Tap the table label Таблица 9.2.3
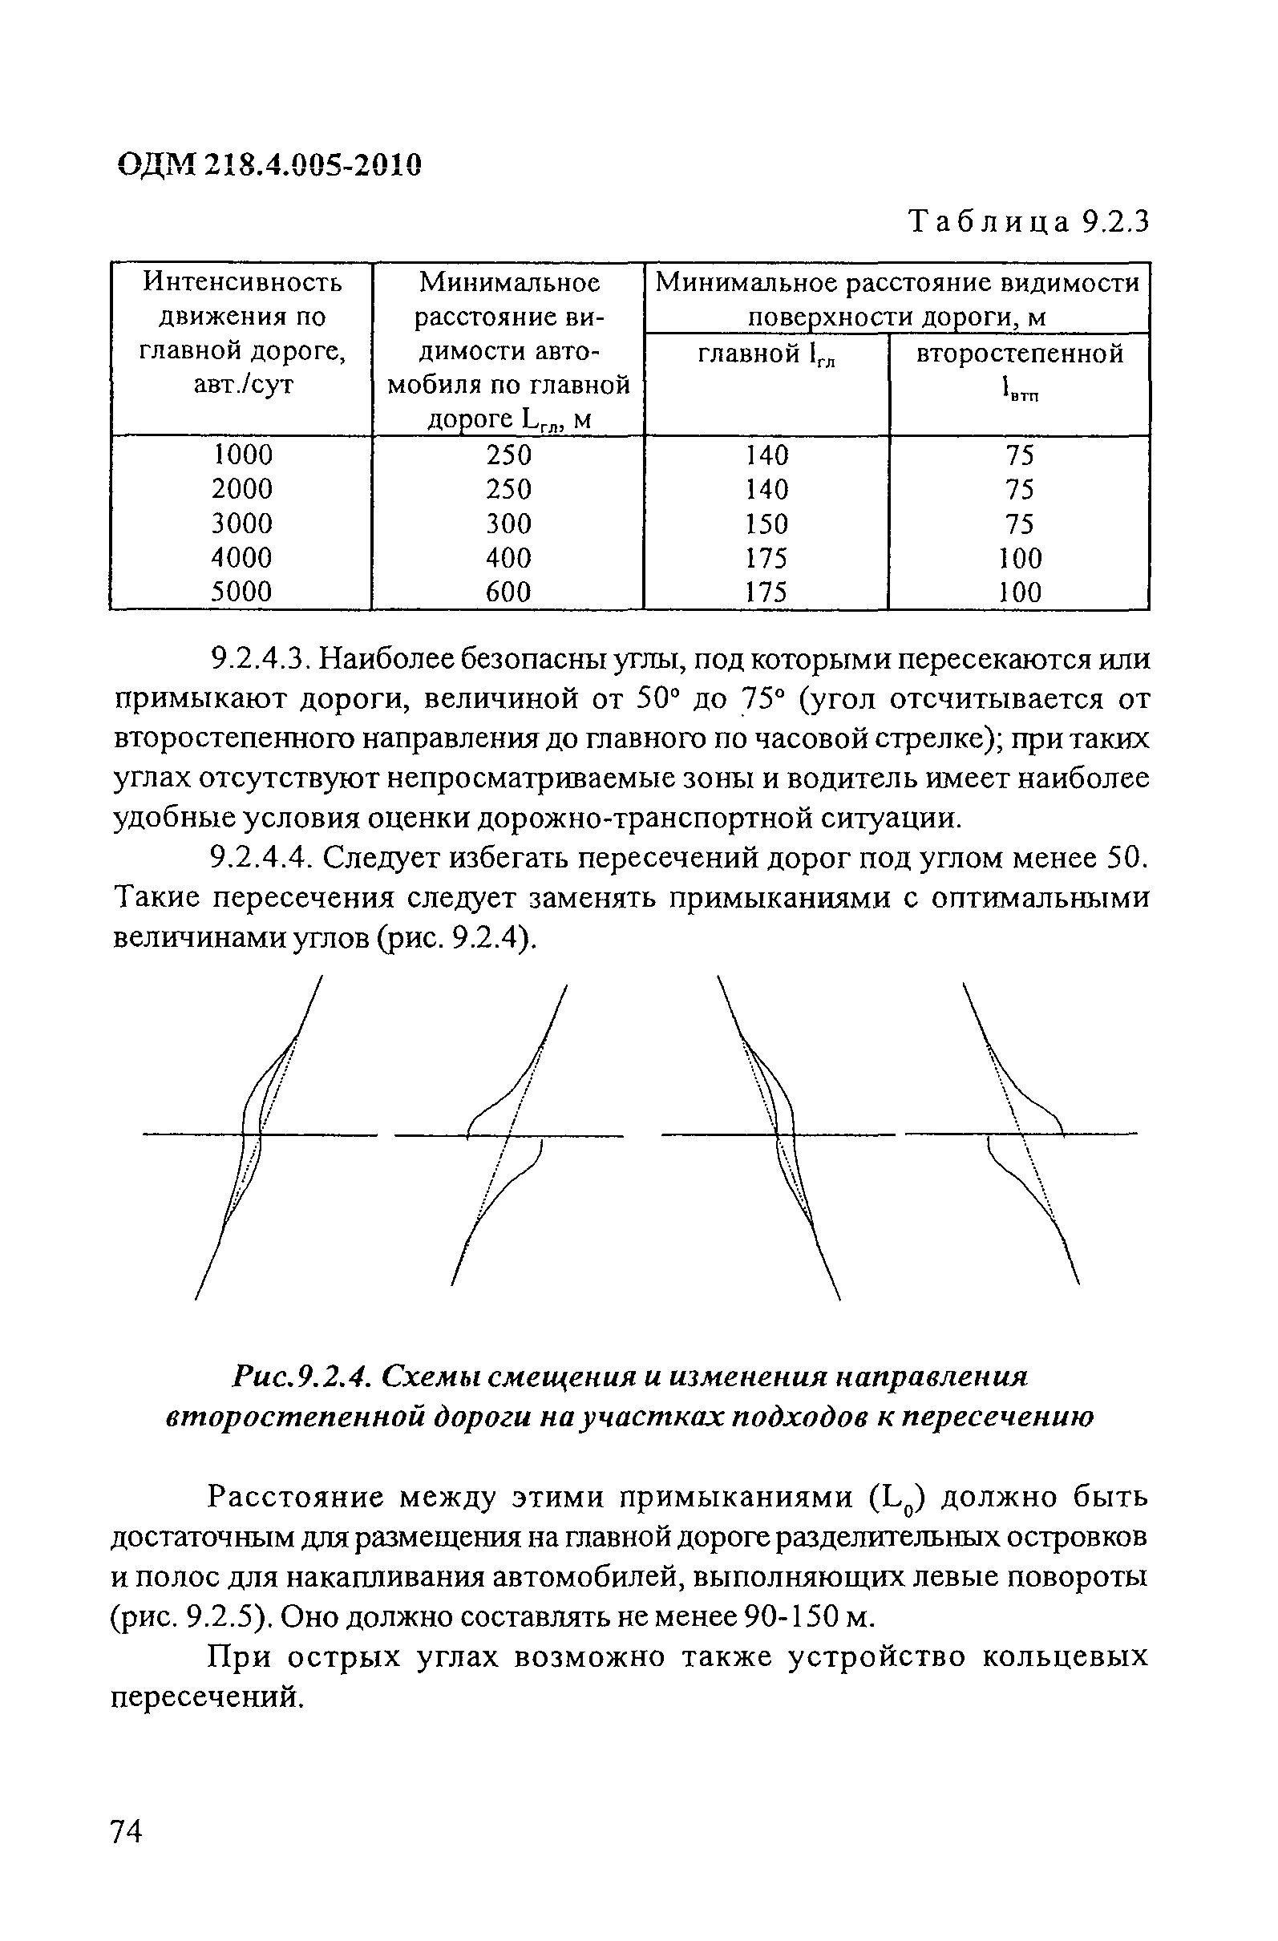[1029, 222]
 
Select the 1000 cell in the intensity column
[242, 455]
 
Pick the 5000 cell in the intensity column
[242, 591]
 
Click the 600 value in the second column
[508, 591]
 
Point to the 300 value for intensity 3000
[508, 523]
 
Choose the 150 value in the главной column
[766, 523]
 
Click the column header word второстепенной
[1020, 354]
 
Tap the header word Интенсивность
[242, 282]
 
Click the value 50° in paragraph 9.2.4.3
[657, 699]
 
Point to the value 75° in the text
[762, 699]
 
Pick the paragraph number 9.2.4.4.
[261, 858]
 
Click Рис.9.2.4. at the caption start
[301, 1377]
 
